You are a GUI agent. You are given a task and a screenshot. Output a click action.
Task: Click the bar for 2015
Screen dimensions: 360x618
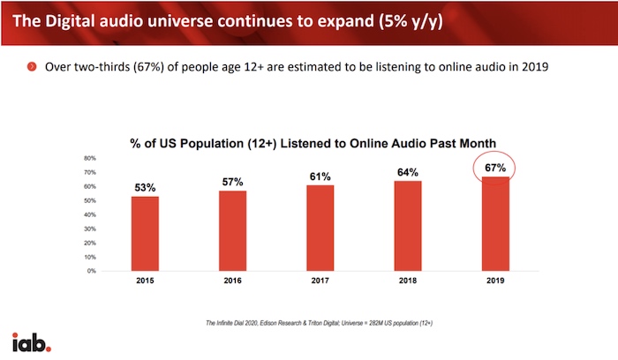pos(146,234)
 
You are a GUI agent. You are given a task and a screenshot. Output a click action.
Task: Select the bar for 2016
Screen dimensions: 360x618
pos(233,231)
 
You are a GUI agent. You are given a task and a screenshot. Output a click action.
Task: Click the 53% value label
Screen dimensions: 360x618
pos(146,187)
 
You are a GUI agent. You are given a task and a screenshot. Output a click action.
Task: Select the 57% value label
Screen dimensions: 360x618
pos(233,182)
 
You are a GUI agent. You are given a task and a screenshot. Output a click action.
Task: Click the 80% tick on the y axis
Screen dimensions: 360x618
pos(90,159)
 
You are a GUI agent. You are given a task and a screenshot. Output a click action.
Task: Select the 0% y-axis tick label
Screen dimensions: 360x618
pos(92,271)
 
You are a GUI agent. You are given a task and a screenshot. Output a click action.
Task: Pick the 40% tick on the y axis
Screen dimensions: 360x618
pos(90,214)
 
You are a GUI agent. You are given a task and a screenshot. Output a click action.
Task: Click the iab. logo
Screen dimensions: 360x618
pos(31,341)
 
